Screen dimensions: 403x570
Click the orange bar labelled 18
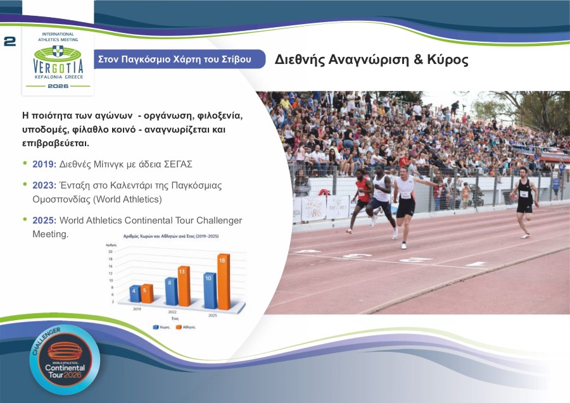[223, 282]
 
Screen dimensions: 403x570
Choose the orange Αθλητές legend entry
[186, 327]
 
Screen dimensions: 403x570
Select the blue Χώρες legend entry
[161, 327]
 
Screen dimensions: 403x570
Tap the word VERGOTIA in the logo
[58, 67]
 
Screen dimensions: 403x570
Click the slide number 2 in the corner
[9, 42]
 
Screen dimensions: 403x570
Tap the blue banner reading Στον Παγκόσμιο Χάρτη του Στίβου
[174, 59]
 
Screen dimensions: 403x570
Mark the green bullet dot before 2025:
[25, 219]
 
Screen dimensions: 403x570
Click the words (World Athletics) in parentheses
[127, 199]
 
